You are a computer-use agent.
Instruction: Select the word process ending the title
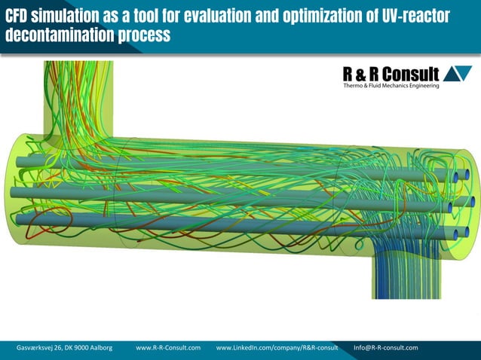(x=140, y=35)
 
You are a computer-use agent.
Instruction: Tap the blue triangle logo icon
(x=458, y=74)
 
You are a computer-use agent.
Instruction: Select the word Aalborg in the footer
(x=98, y=347)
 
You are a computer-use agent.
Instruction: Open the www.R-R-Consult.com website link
(x=168, y=347)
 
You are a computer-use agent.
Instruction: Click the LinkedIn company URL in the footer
(x=277, y=347)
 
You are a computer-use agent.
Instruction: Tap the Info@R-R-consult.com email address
(x=385, y=347)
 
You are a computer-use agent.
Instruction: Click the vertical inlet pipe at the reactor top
(x=79, y=94)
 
